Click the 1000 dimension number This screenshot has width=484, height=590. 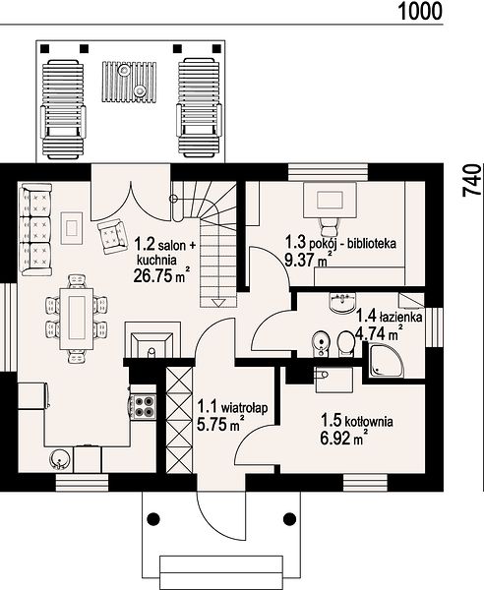(x=420, y=11)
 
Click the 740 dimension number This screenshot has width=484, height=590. (x=473, y=180)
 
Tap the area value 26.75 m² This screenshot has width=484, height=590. (x=161, y=275)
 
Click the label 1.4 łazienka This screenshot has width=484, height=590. (x=389, y=316)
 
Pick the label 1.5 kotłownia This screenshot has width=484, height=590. (x=357, y=421)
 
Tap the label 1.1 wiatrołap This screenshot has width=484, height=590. (x=233, y=407)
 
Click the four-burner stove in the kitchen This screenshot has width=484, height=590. (x=144, y=406)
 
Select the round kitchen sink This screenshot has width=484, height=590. (x=59, y=459)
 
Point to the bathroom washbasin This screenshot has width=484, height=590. (x=342, y=302)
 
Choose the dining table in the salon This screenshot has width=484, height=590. (x=77, y=319)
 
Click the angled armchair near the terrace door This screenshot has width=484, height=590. (x=111, y=236)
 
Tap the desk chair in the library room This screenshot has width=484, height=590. (x=331, y=227)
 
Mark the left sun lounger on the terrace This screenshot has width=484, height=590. (x=63, y=109)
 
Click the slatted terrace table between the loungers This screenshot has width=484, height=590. (x=128, y=82)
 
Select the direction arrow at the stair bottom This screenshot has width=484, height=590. (x=218, y=303)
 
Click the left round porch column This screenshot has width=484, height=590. (x=152, y=519)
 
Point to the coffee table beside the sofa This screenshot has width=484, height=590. (x=72, y=228)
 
